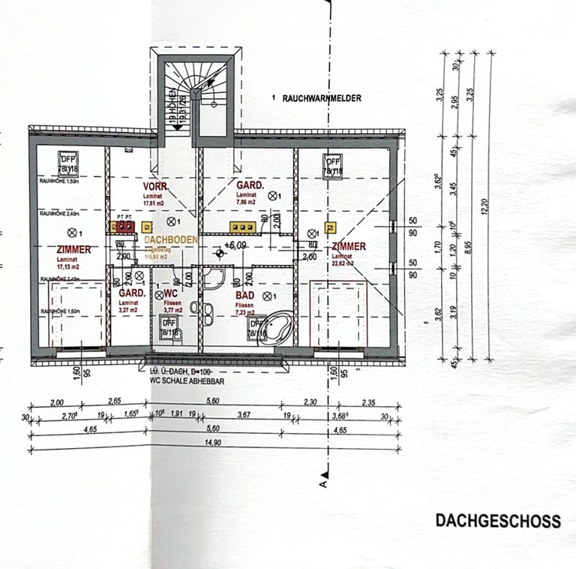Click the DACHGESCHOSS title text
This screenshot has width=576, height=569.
coord(498,521)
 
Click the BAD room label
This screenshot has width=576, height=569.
coord(245,296)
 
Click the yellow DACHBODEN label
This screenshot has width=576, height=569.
coord(171,239)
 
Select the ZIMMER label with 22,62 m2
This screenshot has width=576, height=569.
coord(349,246)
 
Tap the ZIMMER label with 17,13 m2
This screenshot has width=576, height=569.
coord(73,249)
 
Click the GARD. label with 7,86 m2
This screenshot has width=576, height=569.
coord(250,185)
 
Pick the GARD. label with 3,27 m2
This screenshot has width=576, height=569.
coord(131,294)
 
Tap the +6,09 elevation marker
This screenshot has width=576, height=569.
coord(236,245)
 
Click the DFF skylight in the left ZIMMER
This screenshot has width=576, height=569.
coord(69,162)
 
